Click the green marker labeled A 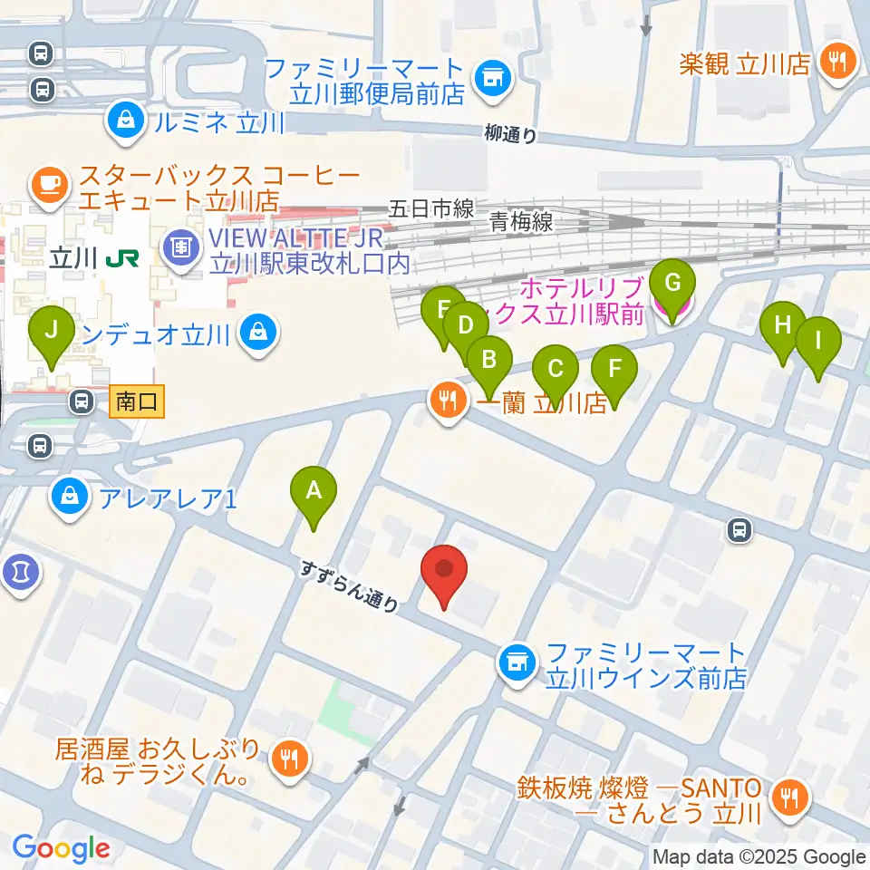click(x=314, y=491)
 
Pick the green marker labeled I click(x=818, y=343)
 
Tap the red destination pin click(x=444, y=570)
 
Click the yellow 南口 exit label click(x=137, y=401)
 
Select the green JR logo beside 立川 click(x=121, y=259)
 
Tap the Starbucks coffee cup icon click(x=47, y=185)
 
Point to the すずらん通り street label click(x=351, y=586)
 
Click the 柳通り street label click(x=510, y=133)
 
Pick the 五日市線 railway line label click(x=431, y=208)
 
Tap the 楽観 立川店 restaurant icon click(x=833, y=62)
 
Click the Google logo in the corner click(x=61, y=848)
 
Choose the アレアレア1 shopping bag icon click(x=68, y=497)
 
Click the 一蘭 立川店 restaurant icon click(x=448, y=400)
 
